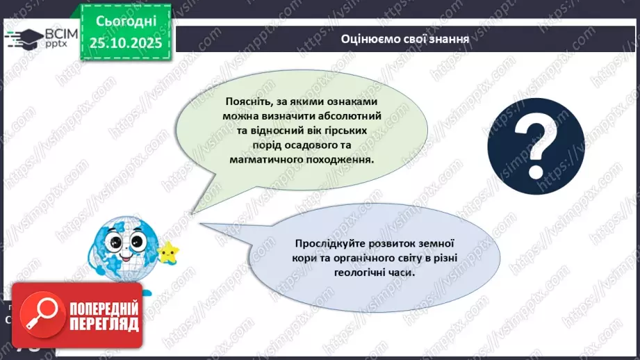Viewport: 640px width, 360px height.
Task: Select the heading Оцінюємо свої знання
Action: click(x=405, y=39)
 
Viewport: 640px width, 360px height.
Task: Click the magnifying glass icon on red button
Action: click(x=40, y=315)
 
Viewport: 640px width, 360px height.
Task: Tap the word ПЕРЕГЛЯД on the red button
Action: click(x=104, y=324)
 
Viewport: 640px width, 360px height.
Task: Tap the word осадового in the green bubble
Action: click(x=322, y=145)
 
